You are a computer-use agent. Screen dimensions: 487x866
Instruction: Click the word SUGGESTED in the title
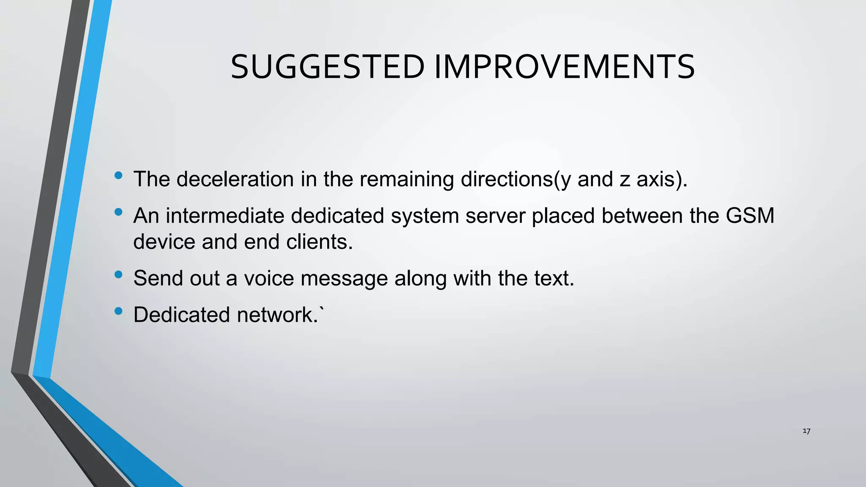pos(327,67)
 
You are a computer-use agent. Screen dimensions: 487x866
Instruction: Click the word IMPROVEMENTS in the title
pos(564,67)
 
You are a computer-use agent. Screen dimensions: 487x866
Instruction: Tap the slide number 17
pos(806,431)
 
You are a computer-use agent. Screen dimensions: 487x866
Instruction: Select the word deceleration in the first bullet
pos(235,179)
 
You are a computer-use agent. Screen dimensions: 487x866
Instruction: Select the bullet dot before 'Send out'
pos(118,274)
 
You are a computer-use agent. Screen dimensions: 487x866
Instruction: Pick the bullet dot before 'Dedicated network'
pos(118,311)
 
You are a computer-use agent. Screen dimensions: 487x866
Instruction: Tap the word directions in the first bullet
pos(507,179)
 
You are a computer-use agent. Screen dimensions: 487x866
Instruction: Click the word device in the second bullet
pos(164,242)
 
